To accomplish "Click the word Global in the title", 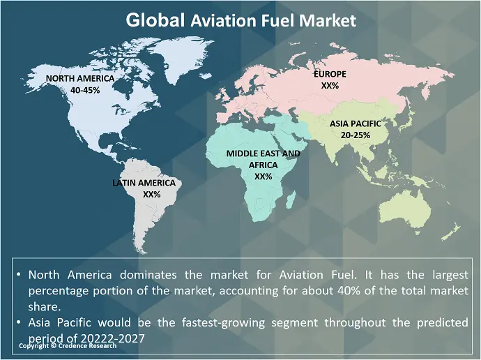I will pos(155,20).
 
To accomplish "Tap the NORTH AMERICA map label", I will pos(80,79).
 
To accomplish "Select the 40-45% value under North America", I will pos(80,90).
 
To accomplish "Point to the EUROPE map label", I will pos(330,74).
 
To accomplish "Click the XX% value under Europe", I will pos(330,85).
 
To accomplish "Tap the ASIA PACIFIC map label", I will pos(356,123).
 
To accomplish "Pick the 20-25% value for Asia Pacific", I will pos(356,135).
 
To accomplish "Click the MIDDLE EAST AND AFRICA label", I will pos(264,159).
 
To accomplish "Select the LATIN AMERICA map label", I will pos(148,183).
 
